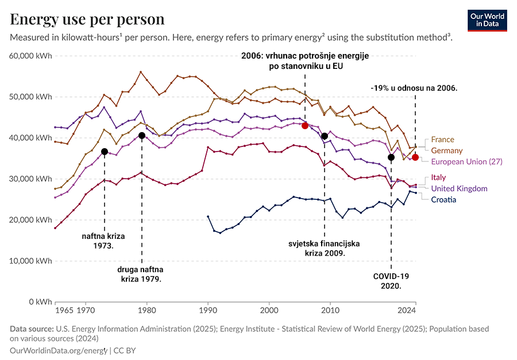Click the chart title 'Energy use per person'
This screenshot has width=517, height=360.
click(x=87, y=19)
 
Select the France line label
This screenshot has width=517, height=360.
click(x=442, y=140)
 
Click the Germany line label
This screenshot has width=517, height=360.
click(x=446, y=150)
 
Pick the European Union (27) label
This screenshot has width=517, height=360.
click(x=466, y=162)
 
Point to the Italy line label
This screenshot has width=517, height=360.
click(x=439, y=178)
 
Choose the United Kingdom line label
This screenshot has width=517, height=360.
click(x=459, y=188)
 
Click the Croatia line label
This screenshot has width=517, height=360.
click(x=443, y=199)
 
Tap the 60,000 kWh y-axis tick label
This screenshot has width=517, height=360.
click(x=32, y=56)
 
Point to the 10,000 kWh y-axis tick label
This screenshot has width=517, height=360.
click(x=32, y=261)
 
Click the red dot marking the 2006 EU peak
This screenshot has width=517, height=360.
click(x=305, y=125)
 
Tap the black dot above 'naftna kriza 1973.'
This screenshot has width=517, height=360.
click(x=105, y=152)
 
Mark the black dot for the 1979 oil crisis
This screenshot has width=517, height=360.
click(x=141, y=136)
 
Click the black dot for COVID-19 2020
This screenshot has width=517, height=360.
click(x=391, y=157)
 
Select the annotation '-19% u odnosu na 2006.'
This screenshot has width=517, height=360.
click(x=414, y=88)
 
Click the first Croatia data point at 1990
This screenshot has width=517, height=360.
click(x=207, y=216)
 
